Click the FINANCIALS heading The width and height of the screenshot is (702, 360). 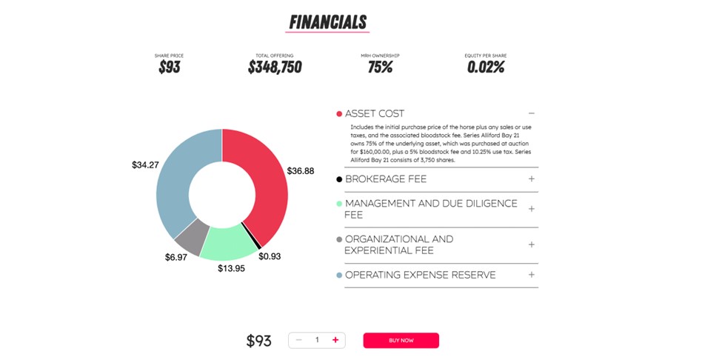pyautogui.click(x=327, y=21)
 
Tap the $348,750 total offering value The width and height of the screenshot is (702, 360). pyautogui.click(x=275, y=67)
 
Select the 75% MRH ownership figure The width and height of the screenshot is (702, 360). pyautogui.click(x=380, y=67)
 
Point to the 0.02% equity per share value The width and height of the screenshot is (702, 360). pyautogui.click(x=486, y=67)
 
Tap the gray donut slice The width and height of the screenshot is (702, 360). pyautogui.click(x=190, y=236)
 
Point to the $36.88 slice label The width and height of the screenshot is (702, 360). pyautogui.click(x=300, y=171)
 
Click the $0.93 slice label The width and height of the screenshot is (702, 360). pyautogui.click(x=270, y=256)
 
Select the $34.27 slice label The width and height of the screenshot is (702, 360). pyautogui.click(x=145, y=165)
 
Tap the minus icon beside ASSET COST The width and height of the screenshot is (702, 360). pyautogui.click(x=531, y=113)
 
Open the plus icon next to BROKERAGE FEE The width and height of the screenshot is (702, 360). pyautogui.click(x=531, y=179)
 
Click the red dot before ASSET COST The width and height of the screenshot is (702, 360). pyautogui.click(x=339, y=114)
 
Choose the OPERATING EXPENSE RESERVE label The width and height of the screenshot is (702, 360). pyautogui.click(x=420, y=275)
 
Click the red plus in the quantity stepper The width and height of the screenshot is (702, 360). pyautogui.click(x=335, y=340)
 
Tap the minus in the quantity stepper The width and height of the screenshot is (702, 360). pyautogui.click(x=299, y=340)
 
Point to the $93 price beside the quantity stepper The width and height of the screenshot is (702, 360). pyautogui.click(x=258, y=341)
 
